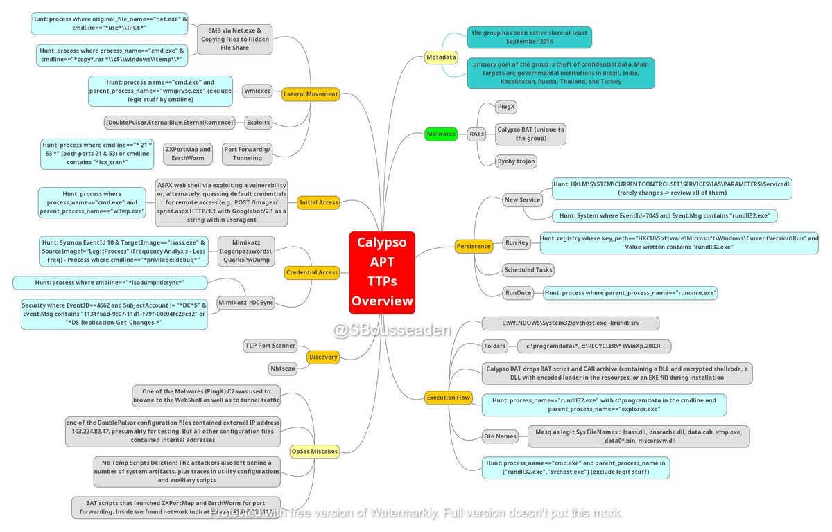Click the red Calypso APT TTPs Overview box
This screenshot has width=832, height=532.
(x=382, y=272)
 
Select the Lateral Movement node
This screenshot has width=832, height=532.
(x=311, y=94)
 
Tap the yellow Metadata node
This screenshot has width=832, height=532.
(x=441, y=57)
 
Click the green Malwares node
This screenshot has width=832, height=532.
(x=441, y=134)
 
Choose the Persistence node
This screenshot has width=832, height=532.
(x=474, y=246)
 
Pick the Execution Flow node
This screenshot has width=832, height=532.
(x=449, y=398)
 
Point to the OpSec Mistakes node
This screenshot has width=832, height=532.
(x=314, y=451)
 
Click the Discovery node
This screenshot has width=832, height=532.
(x=323, y=357)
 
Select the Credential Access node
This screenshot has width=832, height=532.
(x=311, y=273)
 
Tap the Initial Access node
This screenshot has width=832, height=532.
(x=318, y=203)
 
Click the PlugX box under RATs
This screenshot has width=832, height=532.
(x=506, y=107)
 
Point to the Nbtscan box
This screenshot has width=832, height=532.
(x=284, y=369)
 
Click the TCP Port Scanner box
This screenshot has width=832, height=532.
(x=270, y=345)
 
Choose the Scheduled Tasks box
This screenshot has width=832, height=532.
(x=528, y=269)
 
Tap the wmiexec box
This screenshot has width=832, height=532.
(x=258, y=91)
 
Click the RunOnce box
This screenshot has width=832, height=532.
(x=519, y=293)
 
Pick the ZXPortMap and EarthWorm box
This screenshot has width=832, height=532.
(x=189, y=153)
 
